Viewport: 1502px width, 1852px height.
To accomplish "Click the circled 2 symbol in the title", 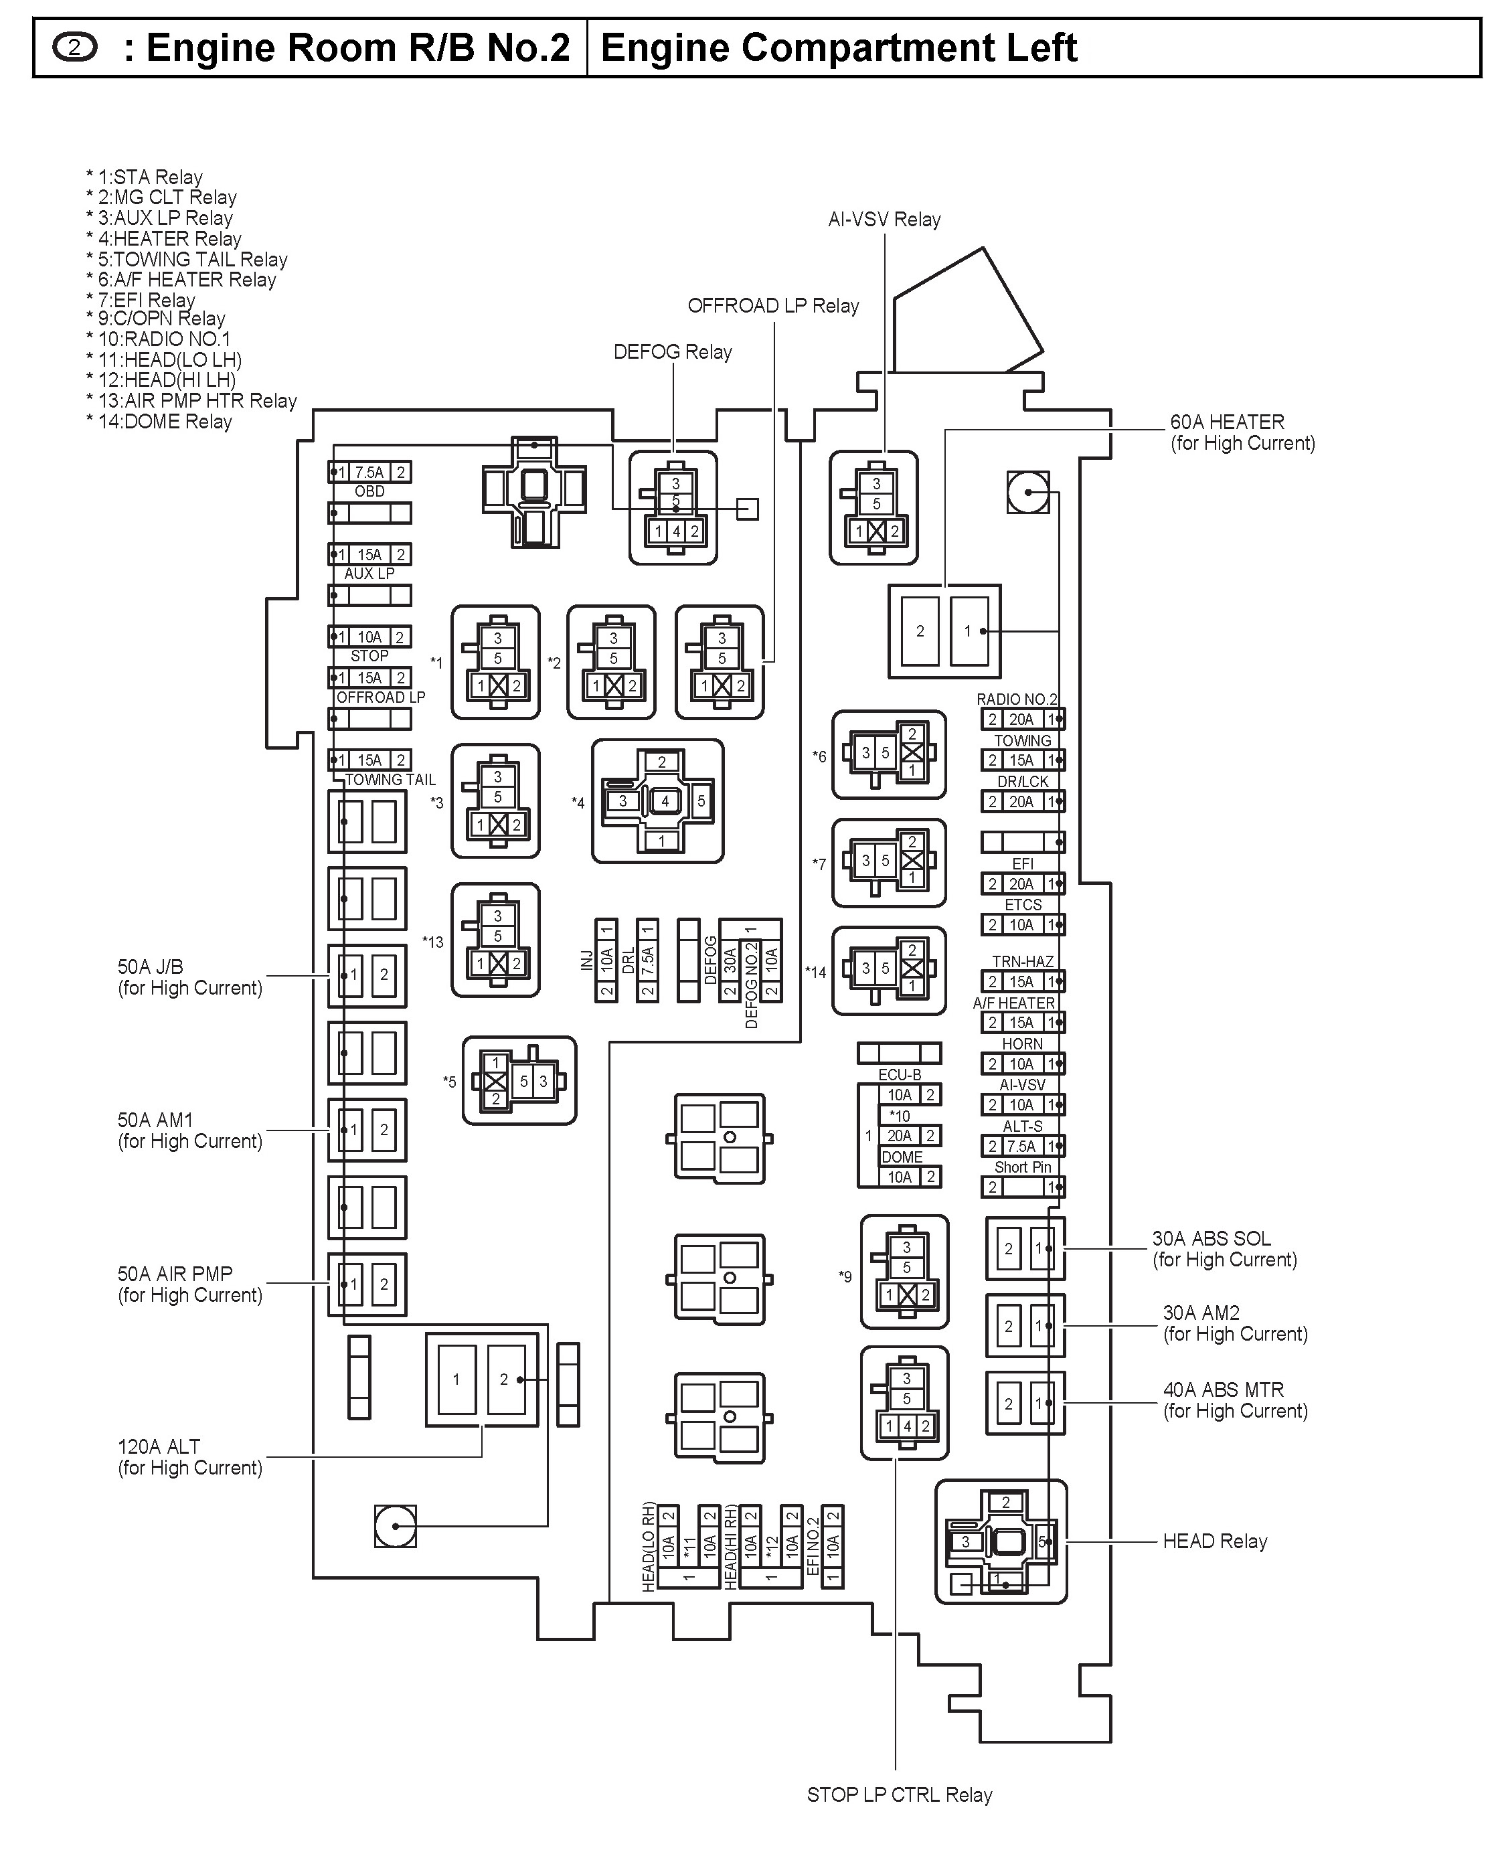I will point(74,48).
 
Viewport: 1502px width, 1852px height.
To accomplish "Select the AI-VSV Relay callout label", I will point(884,220).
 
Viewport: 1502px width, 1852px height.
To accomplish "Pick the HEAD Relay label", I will point(1214,1541).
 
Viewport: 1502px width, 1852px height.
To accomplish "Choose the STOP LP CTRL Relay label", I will point(899,1795).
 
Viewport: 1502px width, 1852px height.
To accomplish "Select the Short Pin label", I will point(1023,1167).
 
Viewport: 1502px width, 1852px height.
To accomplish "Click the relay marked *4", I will point(657,801).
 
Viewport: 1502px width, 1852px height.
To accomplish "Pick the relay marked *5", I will point(519,1080).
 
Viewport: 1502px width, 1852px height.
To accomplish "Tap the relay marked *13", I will point(496,940).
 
